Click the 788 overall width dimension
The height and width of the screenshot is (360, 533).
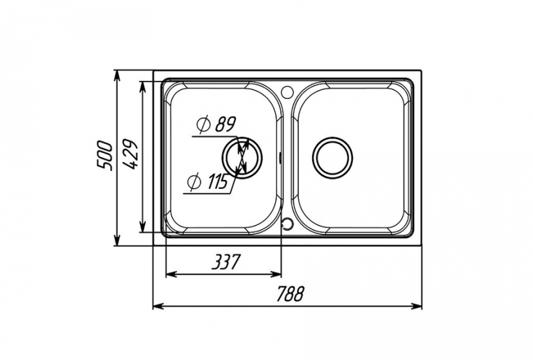(x=289, y=294)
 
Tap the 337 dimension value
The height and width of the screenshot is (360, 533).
(x=226, y=262)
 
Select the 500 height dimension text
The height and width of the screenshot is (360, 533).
(x=105, y=155)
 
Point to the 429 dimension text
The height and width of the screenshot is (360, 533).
(x=130, y=154)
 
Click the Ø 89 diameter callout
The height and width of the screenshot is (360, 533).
(x=216, y=125)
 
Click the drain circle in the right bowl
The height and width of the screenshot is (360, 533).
(x=332, y=157)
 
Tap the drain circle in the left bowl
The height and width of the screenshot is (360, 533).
(x=242, y=157)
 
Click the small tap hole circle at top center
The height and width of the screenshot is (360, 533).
(x=287, y=91)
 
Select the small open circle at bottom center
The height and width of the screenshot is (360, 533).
(x=287, y=224)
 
